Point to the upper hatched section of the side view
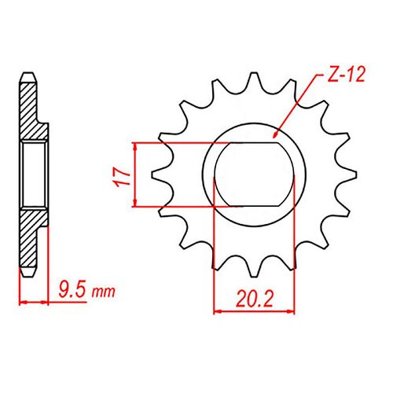click(29, 110)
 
